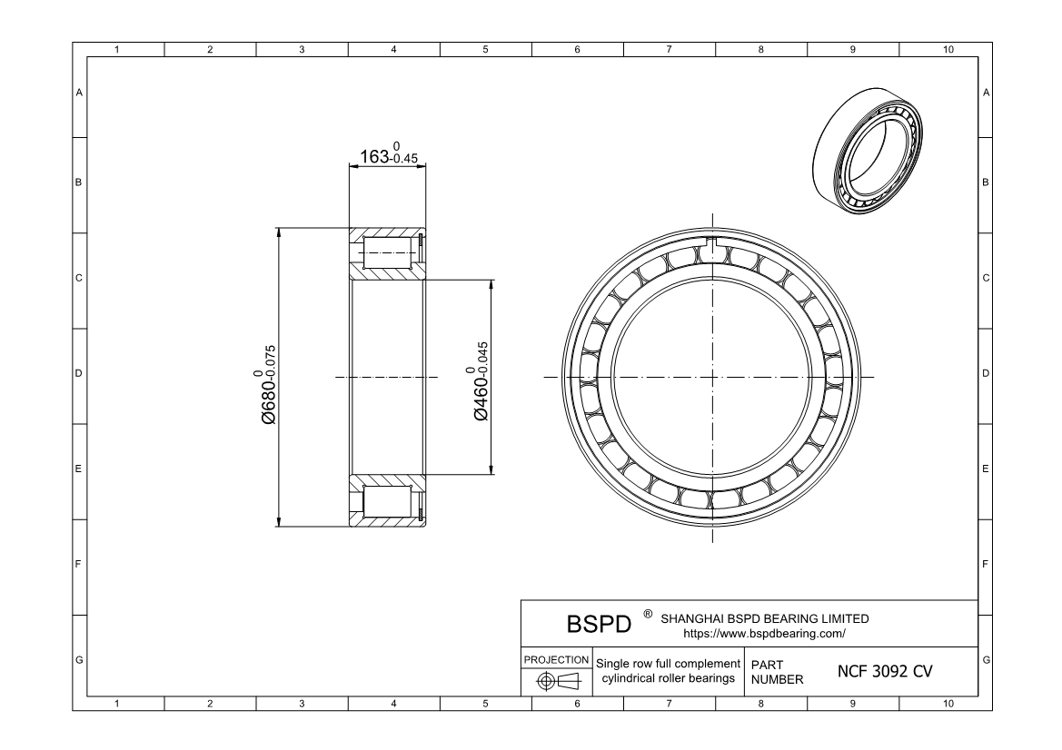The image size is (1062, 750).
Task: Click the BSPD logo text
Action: tap(599, 626)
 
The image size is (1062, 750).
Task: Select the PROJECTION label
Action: tap(556, 658)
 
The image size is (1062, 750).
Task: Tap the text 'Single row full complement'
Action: tap(668, 664)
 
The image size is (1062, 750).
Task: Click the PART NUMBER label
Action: tap(777, 672)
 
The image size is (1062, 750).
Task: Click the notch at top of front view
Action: tap(713, 243)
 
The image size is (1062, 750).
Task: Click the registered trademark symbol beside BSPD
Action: tap(647, 614)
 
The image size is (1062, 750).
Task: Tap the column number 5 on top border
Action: tap(485, 49)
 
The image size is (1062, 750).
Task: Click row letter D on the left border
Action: tap(79, 373)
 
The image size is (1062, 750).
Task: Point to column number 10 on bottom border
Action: tap(948, 703)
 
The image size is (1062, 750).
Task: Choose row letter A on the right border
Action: tap(986, 94)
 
